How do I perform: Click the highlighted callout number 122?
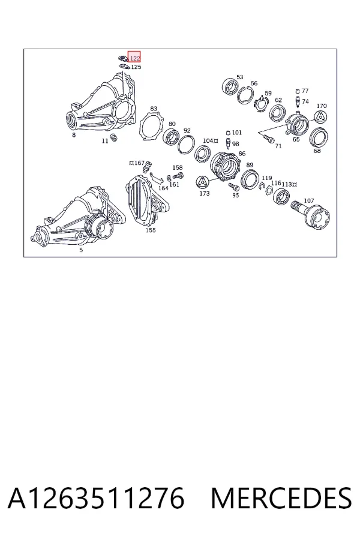(x=134, y=57)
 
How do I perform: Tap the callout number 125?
(x=136, y=67)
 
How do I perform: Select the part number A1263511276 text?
(x=96, y=498)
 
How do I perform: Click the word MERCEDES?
(x=281, y=498)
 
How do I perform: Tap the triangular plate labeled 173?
(x=203, y=182)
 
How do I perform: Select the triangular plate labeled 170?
(x=321, y=116)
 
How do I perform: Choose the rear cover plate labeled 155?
(x=148, y=199)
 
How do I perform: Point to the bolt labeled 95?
(x=233, y=187)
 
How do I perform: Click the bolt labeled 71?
(x=268, y=138)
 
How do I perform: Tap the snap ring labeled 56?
(x=245, y=94)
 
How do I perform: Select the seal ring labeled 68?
(x=319, y=137)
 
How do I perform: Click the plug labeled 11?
(x=113, y=138)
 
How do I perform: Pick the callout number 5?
(x=81, y=250)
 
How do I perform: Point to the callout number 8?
(x=74, y=135)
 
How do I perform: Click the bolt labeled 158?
(x=178, y=176)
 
